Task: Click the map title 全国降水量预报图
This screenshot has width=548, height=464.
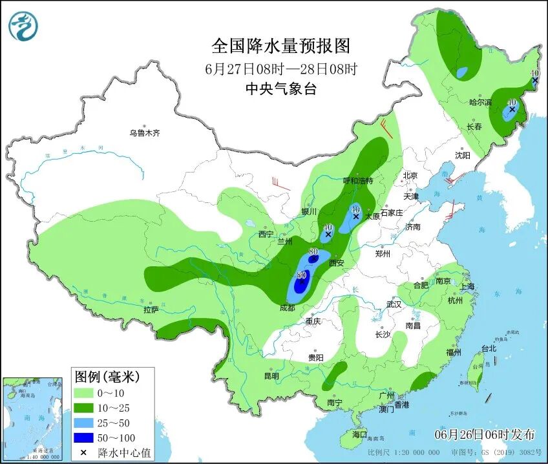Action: pyautogui.click(x=281, y=46)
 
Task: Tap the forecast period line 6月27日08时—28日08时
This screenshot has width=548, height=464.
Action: pyautogui.click(x=281, y=69)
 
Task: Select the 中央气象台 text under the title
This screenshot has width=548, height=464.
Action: pyautogui.click(x=281, y=89)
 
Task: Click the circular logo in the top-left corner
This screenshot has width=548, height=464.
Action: pyautogui.click(x=23, y=26)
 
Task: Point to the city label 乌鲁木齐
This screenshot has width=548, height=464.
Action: pyautogui.click(x=143, y=133)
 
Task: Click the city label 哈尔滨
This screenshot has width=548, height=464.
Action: pyautogui.click(x=480, y=103)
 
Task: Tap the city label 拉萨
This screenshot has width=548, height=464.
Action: pyautogui.click(x=151, y=310)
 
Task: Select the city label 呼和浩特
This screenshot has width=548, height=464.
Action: pyautogui.click(x=357, y=181)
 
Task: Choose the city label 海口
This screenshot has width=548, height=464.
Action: pyautogui.click(x=358, y=435)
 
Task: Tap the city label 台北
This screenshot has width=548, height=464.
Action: pyautogui.click(x=489, y=348)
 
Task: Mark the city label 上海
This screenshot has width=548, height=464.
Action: pyautogui.click(x=467, y=286)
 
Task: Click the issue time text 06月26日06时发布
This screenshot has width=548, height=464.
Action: pyautogui.click(x=484, y=433)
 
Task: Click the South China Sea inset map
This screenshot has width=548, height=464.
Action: pyautogui.click(x=34, y=417)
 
